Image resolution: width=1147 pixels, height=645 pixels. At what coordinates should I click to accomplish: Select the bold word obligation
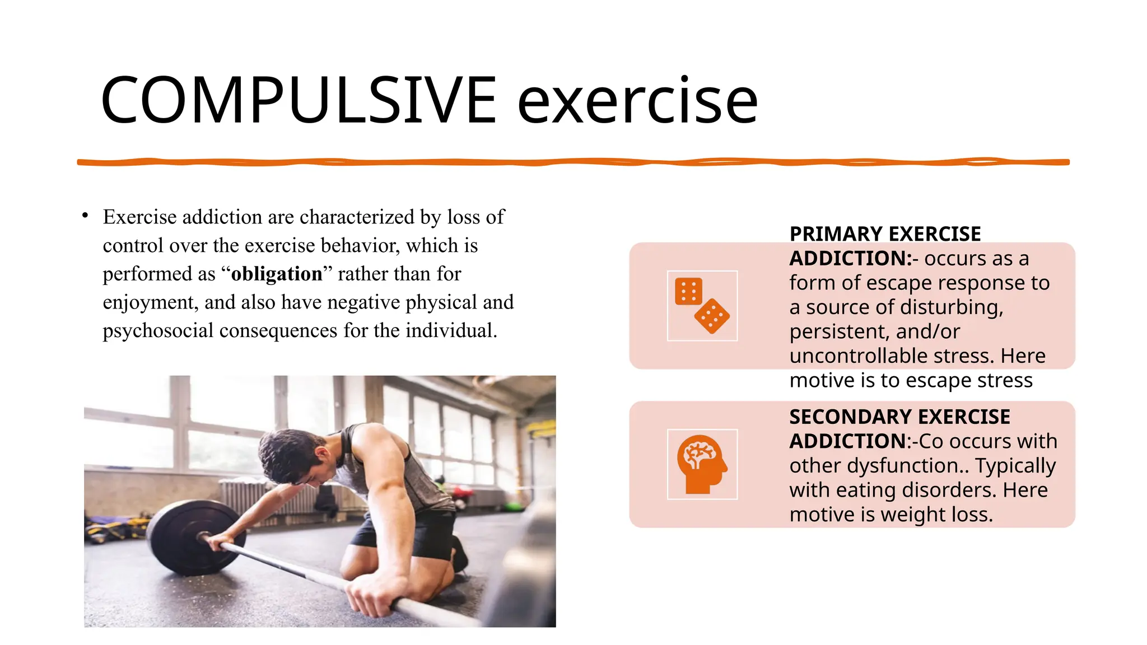tap(277, 274)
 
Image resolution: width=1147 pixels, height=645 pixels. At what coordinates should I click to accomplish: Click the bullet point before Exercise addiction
tap(85, 216)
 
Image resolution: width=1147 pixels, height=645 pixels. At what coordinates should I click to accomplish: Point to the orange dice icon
tap(702, 306)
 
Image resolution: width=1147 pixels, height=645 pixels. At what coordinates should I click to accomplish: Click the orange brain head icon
tap(702, 464)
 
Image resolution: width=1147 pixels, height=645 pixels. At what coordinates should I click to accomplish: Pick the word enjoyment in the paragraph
tap(150, 302)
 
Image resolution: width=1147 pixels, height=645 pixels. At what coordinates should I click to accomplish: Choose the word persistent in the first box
tap(838, 332)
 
